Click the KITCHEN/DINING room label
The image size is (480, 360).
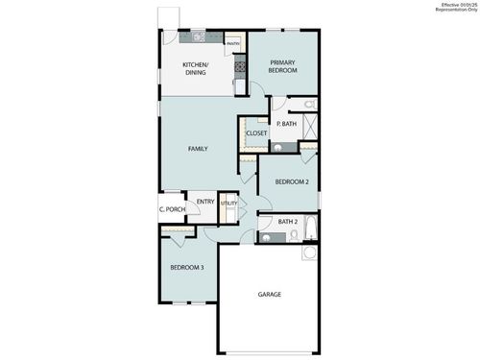197,69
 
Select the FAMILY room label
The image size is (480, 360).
198,149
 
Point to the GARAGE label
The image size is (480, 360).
270,294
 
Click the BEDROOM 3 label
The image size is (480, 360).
187,267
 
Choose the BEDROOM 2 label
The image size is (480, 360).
291,181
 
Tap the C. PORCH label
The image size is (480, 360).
172,209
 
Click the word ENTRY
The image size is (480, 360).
205,202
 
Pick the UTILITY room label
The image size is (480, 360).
228,204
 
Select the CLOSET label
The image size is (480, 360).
256,133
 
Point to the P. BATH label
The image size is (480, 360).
286,124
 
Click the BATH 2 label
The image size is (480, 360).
288,222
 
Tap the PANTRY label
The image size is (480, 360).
233,42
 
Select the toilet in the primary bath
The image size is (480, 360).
307,103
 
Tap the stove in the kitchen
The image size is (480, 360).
239,67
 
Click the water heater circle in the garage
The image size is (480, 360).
309,253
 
